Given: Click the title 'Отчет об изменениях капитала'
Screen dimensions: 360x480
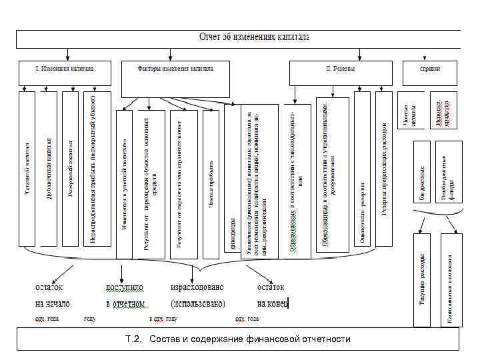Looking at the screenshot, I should click(x=255, y=37).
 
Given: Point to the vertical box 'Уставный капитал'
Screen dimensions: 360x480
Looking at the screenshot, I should click(x=27, y=168).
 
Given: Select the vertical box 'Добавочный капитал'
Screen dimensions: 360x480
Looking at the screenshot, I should click(x=48, y=168).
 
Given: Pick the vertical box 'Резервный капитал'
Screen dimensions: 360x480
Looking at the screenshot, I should click(x=70, y=168).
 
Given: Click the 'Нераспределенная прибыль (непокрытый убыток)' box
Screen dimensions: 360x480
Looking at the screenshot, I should click(x=93, y=168).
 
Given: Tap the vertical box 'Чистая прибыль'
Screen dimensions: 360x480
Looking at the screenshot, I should click(x=210, y=184).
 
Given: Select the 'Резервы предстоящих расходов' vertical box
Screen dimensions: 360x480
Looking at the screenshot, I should click(x=383, y=168).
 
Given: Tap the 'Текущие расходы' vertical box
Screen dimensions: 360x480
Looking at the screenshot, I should click(x=423, y=279).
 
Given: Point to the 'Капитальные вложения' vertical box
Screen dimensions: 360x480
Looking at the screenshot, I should click(x=451, y=279).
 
